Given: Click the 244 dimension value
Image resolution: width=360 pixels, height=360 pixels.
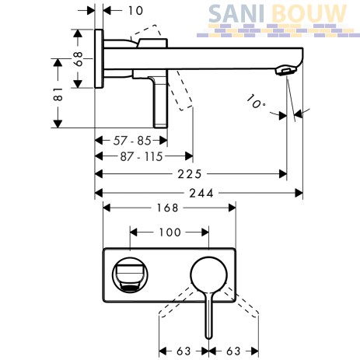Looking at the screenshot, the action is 201,194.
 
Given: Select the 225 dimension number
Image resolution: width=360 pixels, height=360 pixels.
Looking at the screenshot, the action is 190,174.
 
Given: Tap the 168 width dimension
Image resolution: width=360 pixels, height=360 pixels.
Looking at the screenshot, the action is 168,208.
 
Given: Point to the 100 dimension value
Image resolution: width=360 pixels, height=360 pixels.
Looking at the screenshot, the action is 170,232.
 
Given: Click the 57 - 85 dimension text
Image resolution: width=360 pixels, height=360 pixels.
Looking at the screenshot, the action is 132,141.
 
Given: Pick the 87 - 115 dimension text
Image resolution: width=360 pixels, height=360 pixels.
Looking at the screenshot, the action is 142,156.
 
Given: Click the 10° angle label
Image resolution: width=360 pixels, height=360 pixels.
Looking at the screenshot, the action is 256,102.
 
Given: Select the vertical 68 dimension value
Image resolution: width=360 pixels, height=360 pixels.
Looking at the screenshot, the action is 78,58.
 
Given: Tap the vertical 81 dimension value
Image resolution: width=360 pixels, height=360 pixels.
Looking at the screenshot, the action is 58,94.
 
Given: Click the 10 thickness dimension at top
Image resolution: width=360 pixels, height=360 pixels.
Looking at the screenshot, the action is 135,11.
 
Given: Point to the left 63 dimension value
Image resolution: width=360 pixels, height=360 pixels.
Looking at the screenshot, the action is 183,351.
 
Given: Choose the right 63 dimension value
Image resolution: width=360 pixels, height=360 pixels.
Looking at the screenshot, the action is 233,351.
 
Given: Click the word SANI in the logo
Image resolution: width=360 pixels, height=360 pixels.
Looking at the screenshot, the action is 236,13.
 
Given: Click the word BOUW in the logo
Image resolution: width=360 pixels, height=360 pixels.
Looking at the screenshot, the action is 309,13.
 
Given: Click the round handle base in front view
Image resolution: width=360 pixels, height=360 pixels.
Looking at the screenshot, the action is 208,275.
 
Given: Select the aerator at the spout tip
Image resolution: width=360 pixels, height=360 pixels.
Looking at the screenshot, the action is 286,71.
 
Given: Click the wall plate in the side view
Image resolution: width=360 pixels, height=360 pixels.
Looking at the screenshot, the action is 99,59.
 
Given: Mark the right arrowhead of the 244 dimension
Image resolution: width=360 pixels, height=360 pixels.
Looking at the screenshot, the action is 299,193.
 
